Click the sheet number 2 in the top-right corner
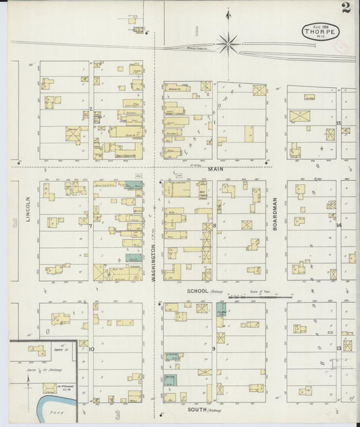346,8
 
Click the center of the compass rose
228,45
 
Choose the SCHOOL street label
198,291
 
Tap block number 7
91,226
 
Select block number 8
215,225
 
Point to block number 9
213,349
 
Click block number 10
91,349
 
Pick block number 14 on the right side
339,225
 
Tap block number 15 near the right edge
338,122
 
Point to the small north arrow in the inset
28,380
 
